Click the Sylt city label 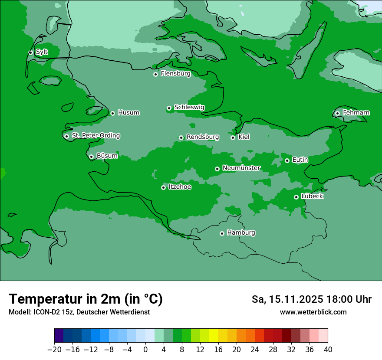42,52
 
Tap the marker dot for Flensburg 155,74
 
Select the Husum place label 128,113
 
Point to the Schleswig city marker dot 169,108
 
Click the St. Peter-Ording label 95,136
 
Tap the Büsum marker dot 91,157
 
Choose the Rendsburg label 202,137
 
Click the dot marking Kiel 233,137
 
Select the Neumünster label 241,168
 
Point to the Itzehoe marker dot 163,187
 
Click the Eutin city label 300,160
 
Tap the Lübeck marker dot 296,197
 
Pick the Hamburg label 241,233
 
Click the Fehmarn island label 356,113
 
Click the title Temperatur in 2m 86,299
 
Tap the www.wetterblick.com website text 313,312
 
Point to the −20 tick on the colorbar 54,350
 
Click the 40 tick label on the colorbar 328,350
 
